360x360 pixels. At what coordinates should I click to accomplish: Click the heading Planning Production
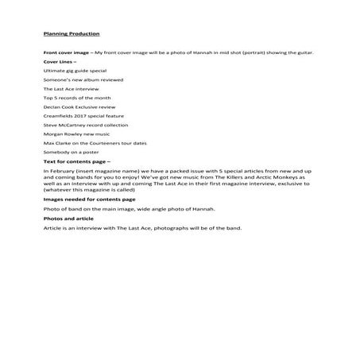pyautogui.click(x=72, y=34)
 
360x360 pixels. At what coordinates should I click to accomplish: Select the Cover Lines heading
pyautogui.click(x=60, y=61)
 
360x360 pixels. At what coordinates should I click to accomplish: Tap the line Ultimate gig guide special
pyautogui.click(x=74, y=72)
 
